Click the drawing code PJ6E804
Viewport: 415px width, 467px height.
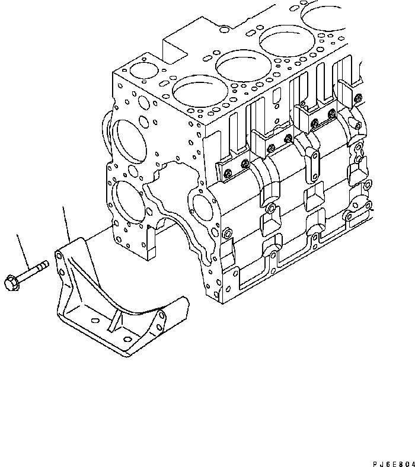[391, 458]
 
